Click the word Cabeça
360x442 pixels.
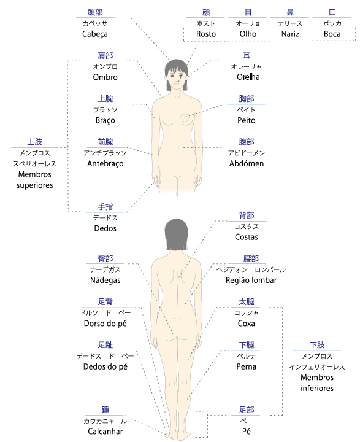[95, 34]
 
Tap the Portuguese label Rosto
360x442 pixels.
[206, 34]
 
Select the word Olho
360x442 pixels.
[248, 34]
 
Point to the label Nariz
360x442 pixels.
[290, 34]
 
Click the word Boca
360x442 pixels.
[332, 34]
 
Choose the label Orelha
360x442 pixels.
[248, 77]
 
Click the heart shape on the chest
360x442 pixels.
[185, 118]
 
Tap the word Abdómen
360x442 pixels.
[247, 163]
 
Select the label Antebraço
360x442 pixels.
[105, 164]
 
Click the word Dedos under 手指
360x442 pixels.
[105, 228]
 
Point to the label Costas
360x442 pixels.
[246, 237]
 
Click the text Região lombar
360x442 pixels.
[251, 280]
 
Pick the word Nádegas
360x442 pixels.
[105, 280]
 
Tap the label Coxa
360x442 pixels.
[246, 324]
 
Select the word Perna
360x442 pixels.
[246, 366]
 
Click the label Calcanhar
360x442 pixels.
[105, 432]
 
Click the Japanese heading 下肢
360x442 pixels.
[317, 345]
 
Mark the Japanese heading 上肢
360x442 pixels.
[34, 142]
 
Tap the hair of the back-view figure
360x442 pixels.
[177, 235]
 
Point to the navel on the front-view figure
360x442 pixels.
[178, 147]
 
